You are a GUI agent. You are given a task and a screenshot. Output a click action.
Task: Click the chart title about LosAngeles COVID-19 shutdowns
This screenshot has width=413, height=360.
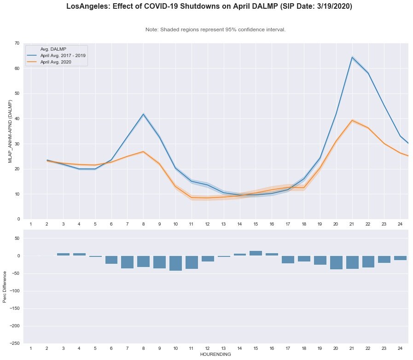[215, 6]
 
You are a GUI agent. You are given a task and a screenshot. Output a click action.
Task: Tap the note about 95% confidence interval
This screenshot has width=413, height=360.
[215, 29]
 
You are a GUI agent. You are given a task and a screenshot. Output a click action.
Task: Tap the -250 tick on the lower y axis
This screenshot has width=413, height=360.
[15, 343]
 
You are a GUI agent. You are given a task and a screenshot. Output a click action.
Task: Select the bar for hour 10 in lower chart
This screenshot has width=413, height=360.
[175, 263]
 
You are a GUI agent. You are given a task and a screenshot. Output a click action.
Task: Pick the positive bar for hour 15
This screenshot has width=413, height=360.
[256, 253]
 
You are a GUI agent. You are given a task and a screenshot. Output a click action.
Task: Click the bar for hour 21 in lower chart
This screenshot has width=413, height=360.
[352, 262]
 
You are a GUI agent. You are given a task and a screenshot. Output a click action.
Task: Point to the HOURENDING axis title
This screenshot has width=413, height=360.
[215, 354]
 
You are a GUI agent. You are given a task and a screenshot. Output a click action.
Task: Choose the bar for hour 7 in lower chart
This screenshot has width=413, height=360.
[128, 262]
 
